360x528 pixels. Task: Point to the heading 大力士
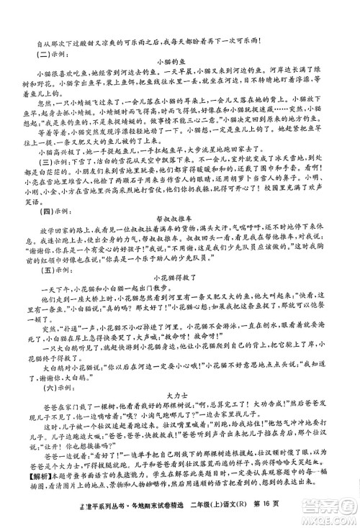pos(180,395)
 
